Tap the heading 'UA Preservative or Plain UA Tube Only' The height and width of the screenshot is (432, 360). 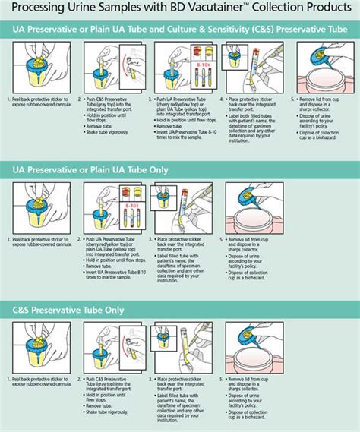point(90,169)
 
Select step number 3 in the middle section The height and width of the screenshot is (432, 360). point(156,238)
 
